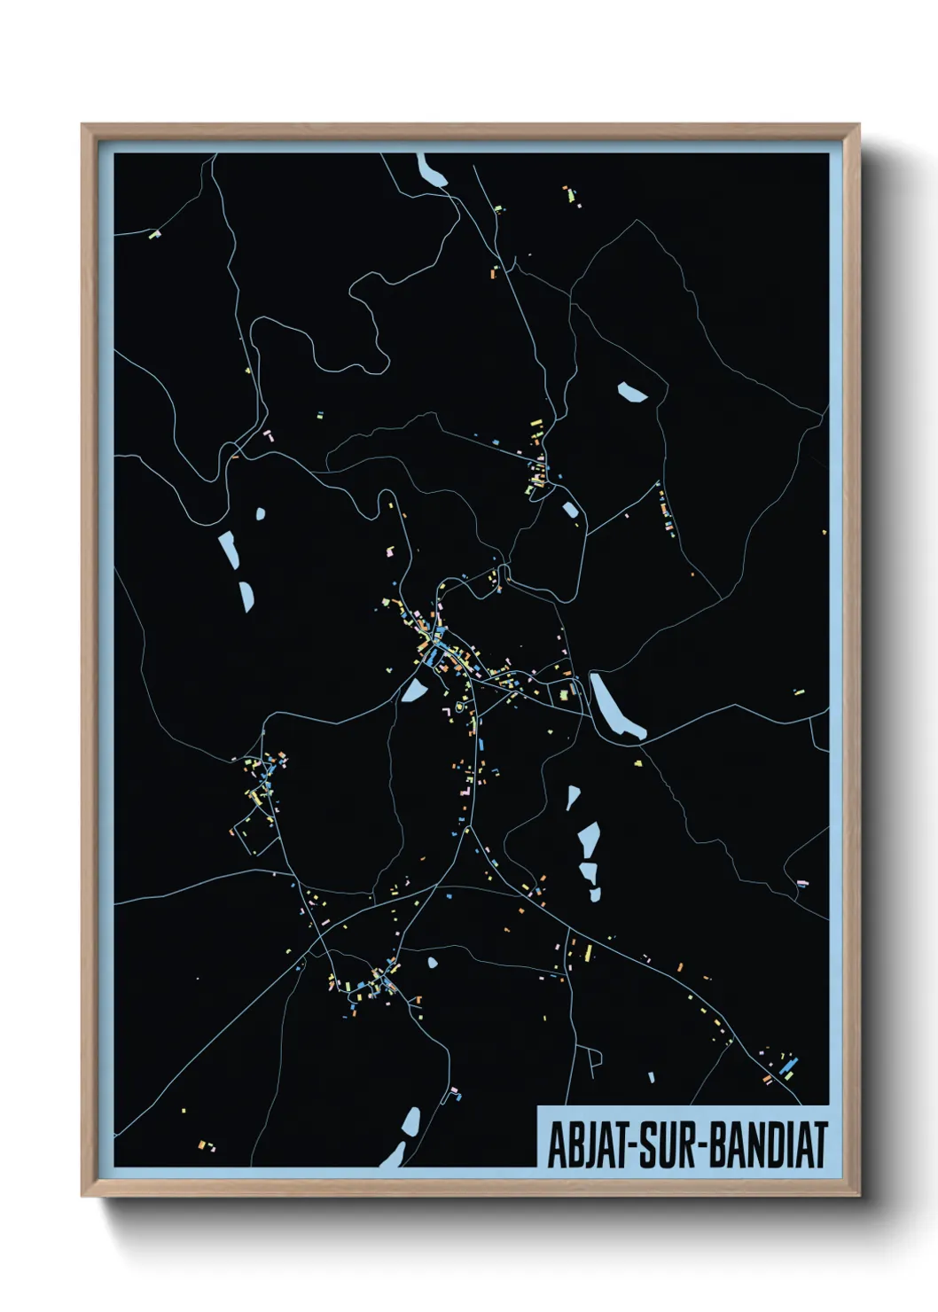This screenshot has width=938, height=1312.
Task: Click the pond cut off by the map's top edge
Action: (x=433, y=169)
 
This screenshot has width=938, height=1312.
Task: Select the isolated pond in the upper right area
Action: (x=633, y=392)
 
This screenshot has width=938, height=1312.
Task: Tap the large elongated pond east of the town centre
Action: (x=616, y=707)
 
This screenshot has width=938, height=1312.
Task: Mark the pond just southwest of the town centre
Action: (x=414, y=689)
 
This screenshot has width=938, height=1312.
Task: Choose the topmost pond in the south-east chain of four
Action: (x=573, y=798)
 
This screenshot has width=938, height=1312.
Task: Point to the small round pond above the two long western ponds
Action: (x=261, y=513)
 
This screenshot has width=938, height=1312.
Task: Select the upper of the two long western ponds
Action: (x=228, y=550)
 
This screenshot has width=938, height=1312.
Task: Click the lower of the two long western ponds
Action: (x=246, y=597)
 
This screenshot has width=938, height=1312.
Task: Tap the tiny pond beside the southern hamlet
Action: (x=433, y=962)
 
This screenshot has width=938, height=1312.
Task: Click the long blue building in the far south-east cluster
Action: (x=788, y=1066)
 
